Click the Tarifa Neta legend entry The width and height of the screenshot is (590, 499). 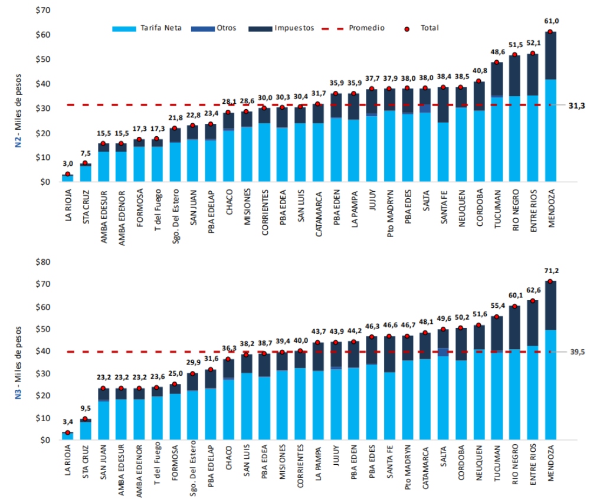[153, 28]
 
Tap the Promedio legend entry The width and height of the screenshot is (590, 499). [366, 28]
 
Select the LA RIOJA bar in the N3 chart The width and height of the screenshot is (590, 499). [68, 436]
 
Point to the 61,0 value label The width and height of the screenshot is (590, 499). [550, 21]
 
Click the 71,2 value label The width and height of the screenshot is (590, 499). [550, 271]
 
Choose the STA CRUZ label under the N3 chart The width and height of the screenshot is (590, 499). [86, 465]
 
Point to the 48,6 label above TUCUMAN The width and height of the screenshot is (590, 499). [497, 52]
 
